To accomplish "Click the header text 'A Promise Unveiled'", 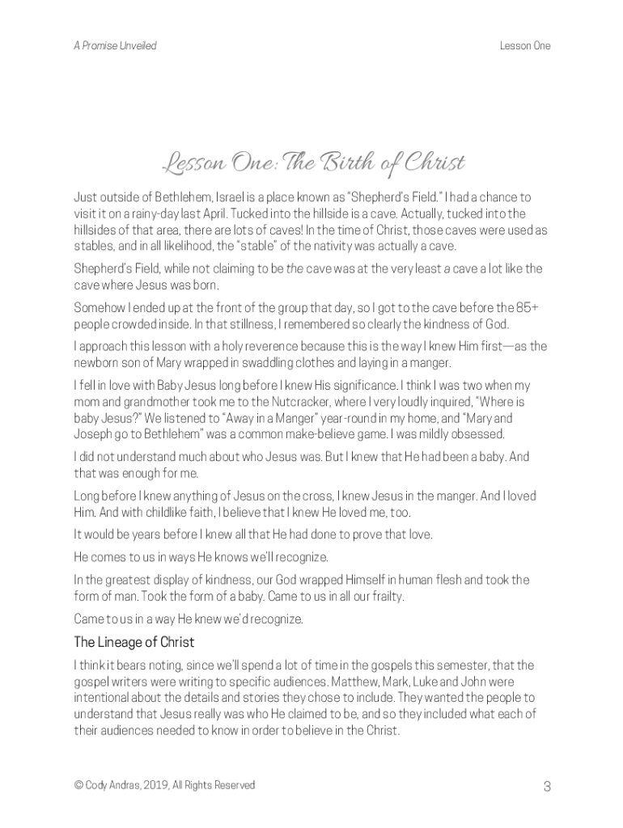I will pos(115,46).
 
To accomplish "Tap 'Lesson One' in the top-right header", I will pos(525,46).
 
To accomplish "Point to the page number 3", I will pos(548,786).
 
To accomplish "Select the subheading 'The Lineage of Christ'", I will pos(133,643).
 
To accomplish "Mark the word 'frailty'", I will pos(383,598).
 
